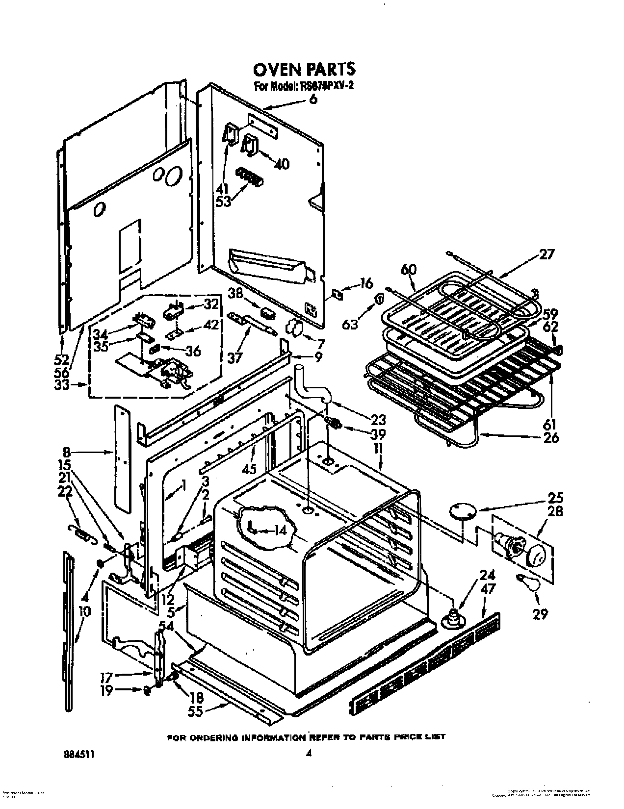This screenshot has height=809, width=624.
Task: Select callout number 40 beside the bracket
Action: [x=282, y=165]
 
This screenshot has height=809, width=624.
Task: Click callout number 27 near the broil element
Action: [x=546, y=254]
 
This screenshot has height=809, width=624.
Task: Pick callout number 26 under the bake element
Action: [x=551, y=437]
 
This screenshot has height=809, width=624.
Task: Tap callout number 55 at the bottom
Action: [x=196, y=711]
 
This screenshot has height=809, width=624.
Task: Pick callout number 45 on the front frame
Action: [x=249, y=468]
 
